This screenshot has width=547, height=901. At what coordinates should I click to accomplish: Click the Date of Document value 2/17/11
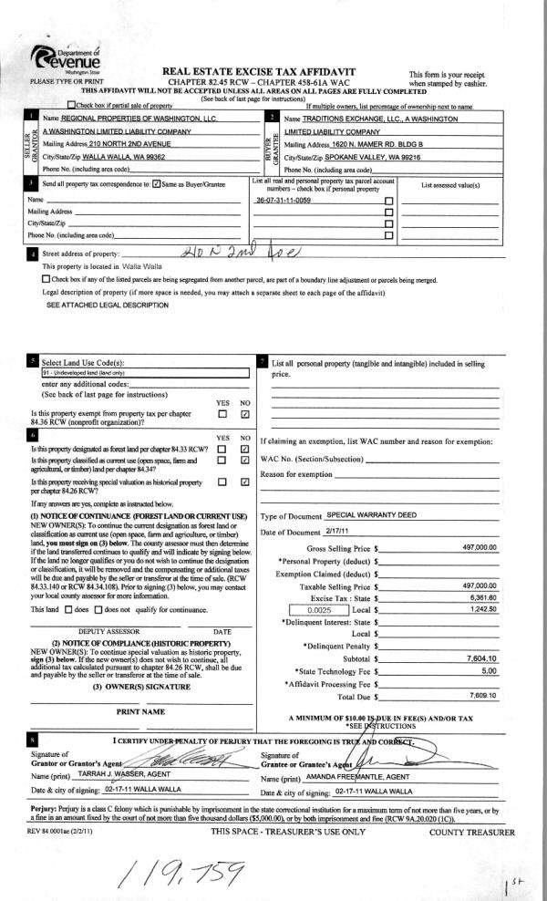pyautogui.click(x=338, y=531)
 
